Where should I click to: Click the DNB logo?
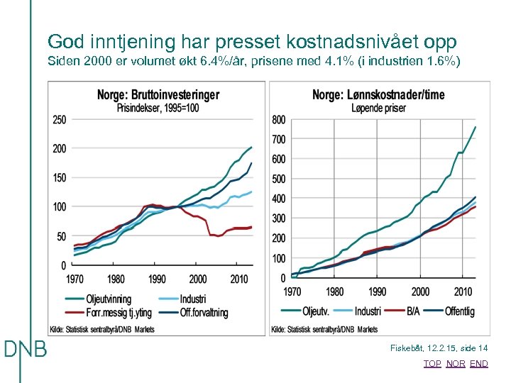[25, 350]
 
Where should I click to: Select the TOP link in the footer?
[432, 363]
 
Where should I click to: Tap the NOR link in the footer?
[456, 363]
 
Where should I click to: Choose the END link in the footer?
[479, 363]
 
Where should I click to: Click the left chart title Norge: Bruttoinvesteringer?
[158, 95]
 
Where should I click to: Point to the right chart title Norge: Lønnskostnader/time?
[378, 95]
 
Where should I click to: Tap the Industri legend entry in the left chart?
[194, 299]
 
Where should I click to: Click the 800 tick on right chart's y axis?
[278, 120]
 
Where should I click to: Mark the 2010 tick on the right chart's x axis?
[463, 292]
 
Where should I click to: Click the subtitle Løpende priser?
[378, 108]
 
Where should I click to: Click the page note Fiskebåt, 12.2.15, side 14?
[439, 348]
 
